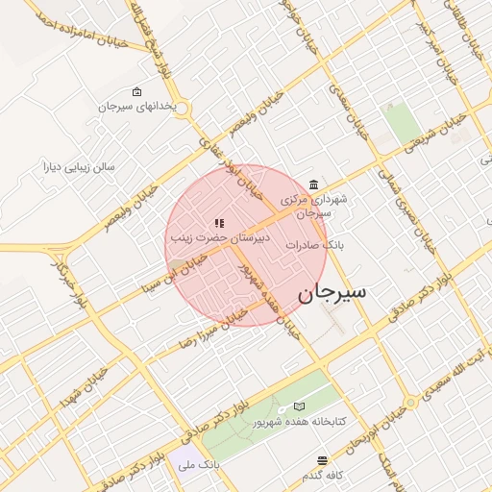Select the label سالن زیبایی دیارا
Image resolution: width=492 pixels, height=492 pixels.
tap(76, 165)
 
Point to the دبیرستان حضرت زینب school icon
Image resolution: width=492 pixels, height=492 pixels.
tap(221, 222)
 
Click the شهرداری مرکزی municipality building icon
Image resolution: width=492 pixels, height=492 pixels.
tap(314, 184)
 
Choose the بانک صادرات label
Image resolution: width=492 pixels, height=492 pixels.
tap(313, 246)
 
